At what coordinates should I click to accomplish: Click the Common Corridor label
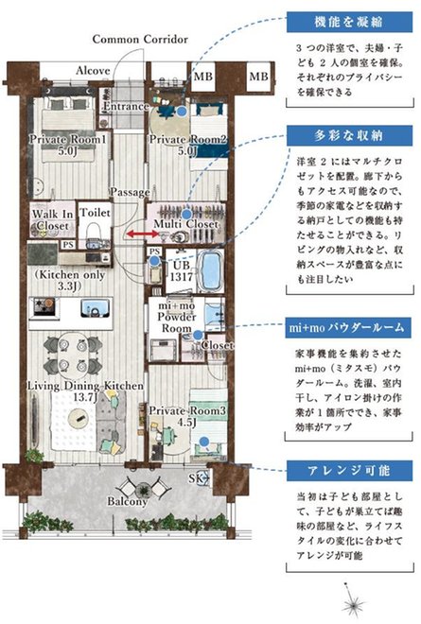coord(140,39)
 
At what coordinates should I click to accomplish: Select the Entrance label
coord(126,106)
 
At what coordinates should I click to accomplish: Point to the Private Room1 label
coord(68,143)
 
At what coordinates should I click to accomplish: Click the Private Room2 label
coord(186,143)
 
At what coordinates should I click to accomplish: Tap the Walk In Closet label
coord(51,221)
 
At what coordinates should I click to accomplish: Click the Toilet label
coord(94,215)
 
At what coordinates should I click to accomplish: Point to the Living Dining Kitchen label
coord(85,391)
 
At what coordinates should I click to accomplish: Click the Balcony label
coord(126,501)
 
